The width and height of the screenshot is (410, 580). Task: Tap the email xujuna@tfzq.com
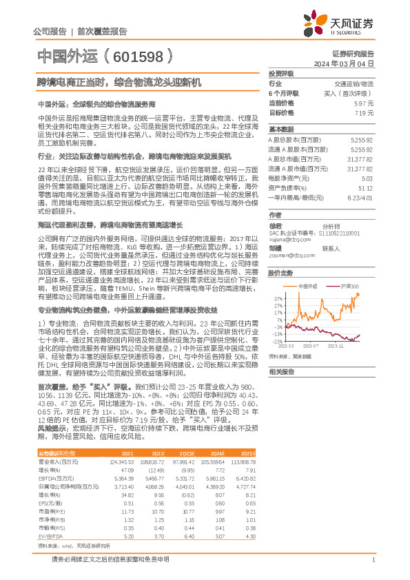(x=287, y=240)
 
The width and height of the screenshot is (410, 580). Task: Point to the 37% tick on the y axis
(x=277, y=298)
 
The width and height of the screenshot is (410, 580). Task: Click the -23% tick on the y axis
(x=276, y=341)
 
